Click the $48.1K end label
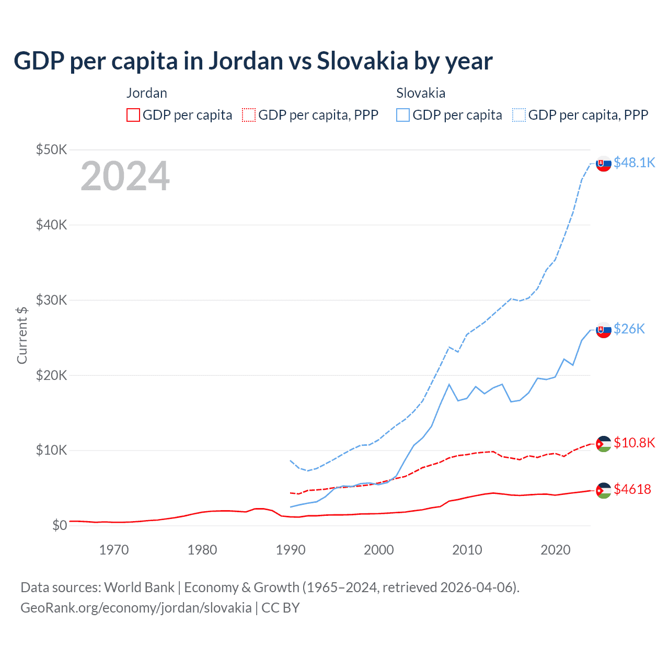[634, 163]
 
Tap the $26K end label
[629, 328]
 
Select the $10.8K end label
[634, 443]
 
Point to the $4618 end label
[632, 489]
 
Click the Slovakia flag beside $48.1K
[604, 164]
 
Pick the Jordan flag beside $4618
[604, 490]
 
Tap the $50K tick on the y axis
[52, 149]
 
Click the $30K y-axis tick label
[52, 300]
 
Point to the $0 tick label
[60, 525]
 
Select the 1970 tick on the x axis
[114, 550]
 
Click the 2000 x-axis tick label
[379, 550]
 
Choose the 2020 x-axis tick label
[555, 550]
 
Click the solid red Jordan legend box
[133, 115]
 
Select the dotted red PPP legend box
[249, 115]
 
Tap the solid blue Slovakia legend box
[403, 115]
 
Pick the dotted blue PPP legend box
[519, 115]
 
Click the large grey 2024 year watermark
[125, 177]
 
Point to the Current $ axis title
[22, 335]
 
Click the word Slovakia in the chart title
[362, 61]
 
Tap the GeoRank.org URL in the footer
[136, 608]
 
